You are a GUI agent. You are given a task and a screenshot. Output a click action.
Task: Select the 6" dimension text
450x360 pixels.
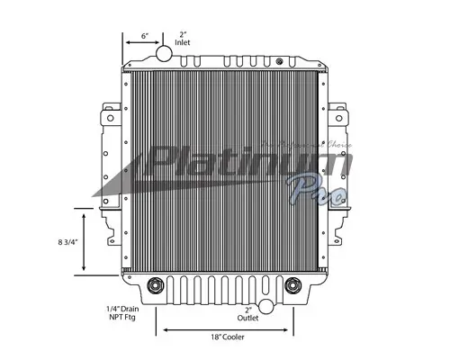145,37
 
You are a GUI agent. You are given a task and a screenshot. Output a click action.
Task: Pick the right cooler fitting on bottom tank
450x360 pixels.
292,288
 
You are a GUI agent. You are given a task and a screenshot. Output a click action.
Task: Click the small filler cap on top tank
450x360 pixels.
279,62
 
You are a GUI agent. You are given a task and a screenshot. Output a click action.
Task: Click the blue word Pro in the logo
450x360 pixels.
310,191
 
